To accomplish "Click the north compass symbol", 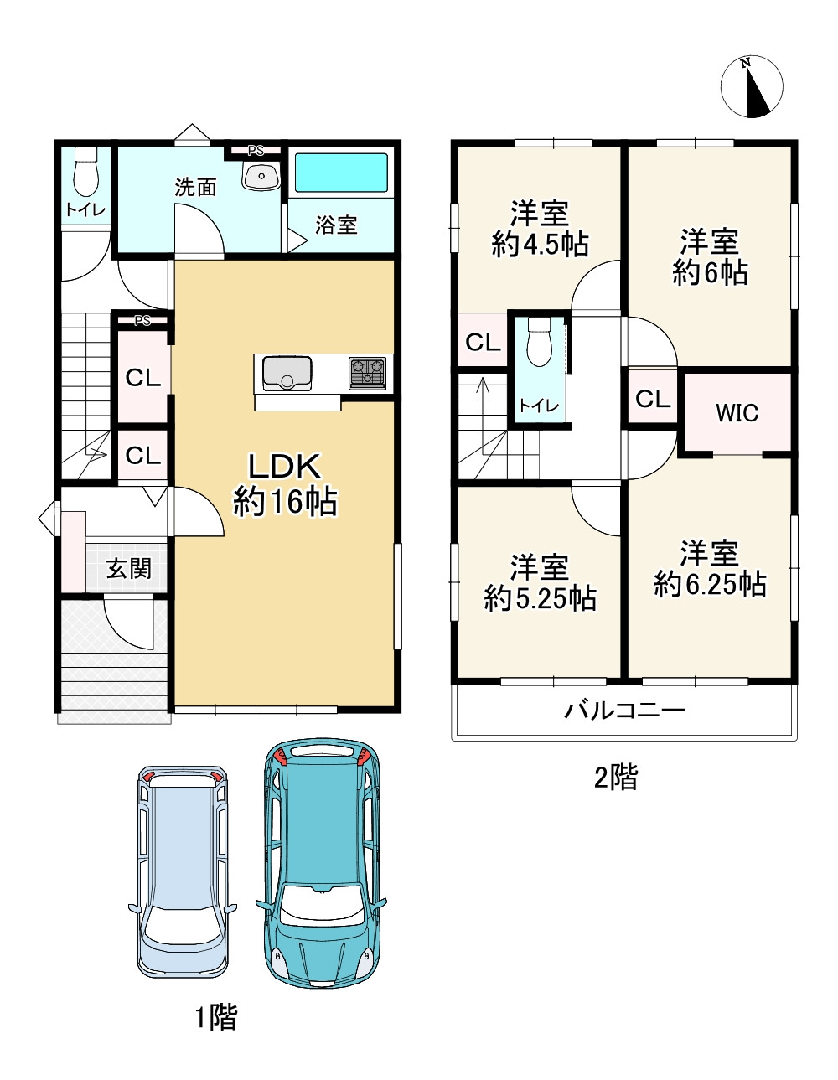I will coord(752,86).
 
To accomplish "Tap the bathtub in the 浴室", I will coord(341,173).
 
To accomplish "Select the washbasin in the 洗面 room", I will coord(261,174).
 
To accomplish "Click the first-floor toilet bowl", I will coord(85,174).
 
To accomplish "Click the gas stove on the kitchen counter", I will coord(368,373).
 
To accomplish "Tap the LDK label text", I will coord(284,467).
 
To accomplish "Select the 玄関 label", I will coord(128,569).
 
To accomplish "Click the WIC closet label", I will coord(737,413).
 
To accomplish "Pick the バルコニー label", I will coord(624,711).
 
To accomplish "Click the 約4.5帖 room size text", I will coord(540,245).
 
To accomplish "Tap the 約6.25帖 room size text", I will coord(710,584).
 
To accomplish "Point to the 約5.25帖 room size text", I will coord(540,598).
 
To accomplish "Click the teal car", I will coord(323,863).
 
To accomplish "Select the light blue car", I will coord(183,871).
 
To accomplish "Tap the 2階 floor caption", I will coord(616,778).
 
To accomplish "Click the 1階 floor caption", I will coord(216,1017).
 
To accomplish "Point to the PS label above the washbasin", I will coord(256,151).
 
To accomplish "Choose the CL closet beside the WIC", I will coord(653,399).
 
